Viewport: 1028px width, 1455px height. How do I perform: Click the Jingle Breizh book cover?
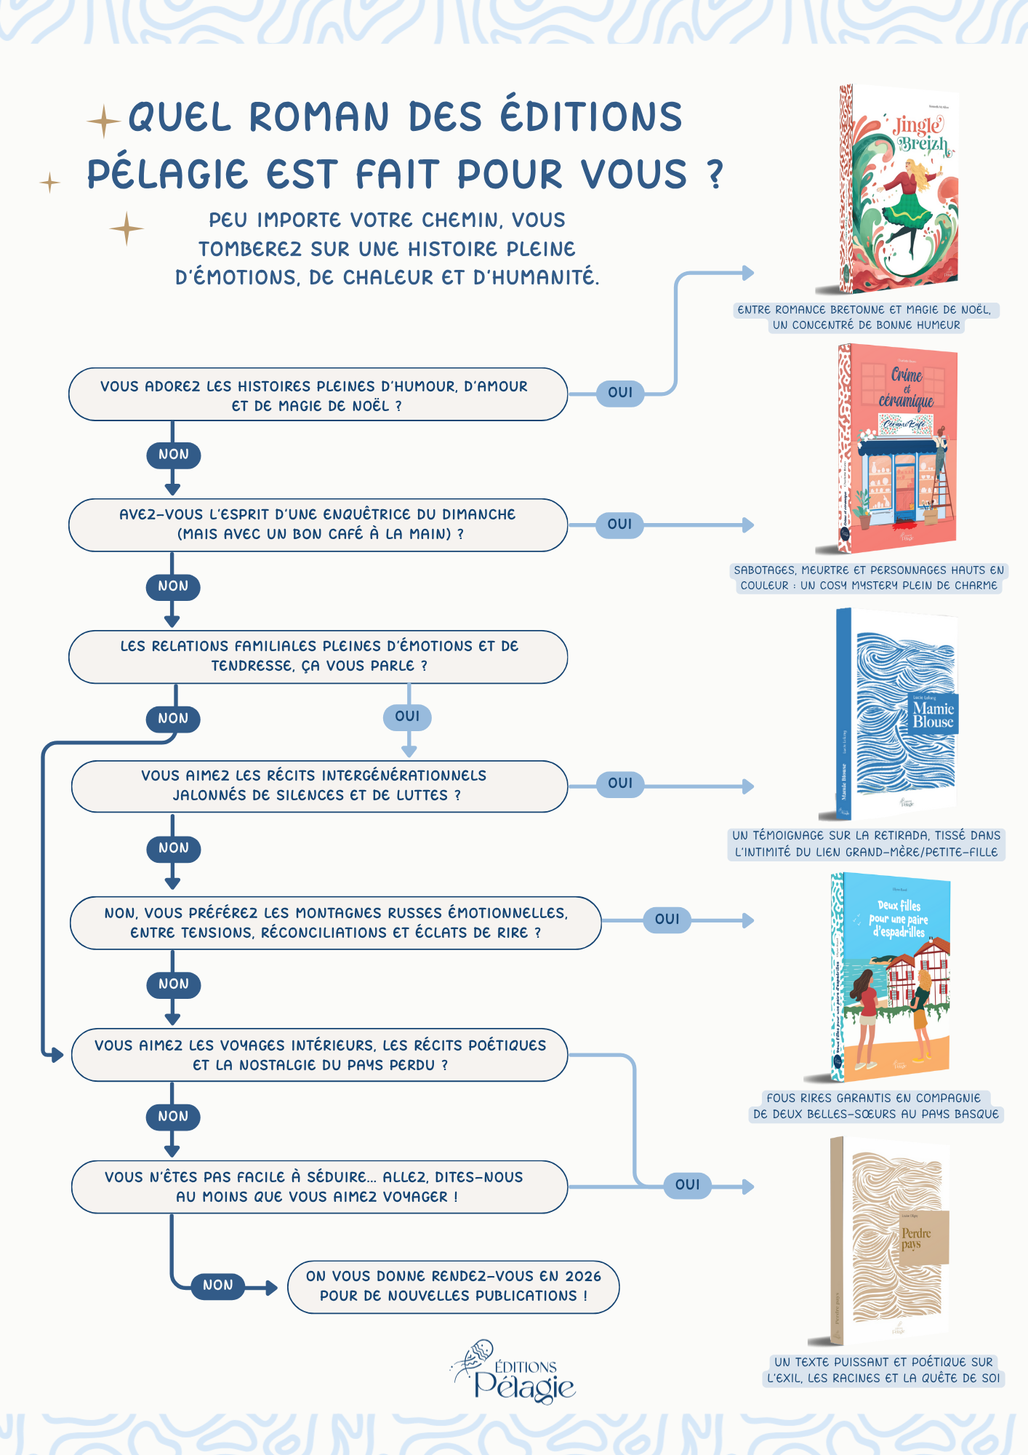click(x=899, y=189)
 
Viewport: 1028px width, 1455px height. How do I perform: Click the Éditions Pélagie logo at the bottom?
click(x=515, y=1374)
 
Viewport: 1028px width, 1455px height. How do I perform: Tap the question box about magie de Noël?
click(x=318, y=395)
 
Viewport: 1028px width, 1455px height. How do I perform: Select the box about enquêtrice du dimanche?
click(x=318, y=525)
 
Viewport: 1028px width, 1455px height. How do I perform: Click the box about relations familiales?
click(x=318, y=656)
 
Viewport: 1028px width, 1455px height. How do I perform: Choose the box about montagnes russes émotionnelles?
click(x=335, y=922)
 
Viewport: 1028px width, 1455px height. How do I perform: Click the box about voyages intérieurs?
click(x=319, y=1055)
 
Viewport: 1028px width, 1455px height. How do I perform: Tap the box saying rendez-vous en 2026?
click(x=453, y=1286)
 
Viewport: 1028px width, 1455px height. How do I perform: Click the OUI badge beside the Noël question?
click(x=620, y=393)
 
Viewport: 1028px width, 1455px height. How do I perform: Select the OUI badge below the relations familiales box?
click(x=407, y=717)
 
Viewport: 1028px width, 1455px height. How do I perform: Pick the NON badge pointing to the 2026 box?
click(x=217, y=1285)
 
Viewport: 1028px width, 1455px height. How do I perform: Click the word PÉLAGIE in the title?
click(x=168, y=175)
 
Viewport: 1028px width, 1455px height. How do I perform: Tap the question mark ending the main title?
click(x=715, y=175)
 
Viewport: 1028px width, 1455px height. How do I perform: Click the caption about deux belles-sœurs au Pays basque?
click(x=875, y=1107)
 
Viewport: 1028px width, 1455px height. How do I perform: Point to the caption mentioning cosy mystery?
click(x=868, y=578)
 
